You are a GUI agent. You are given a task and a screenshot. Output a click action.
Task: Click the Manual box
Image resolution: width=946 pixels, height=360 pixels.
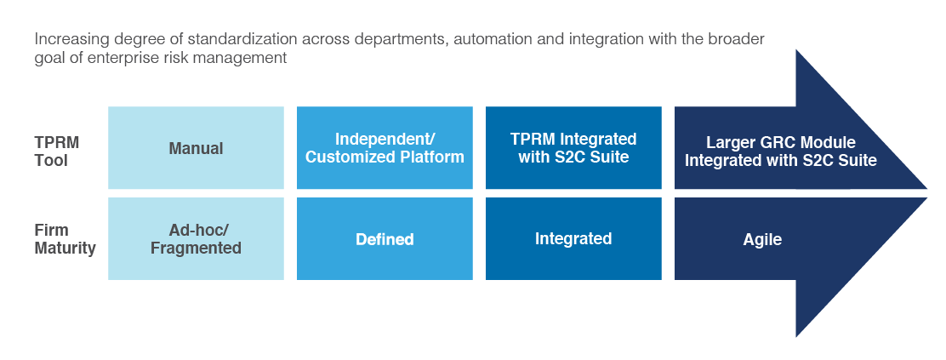(196, 148)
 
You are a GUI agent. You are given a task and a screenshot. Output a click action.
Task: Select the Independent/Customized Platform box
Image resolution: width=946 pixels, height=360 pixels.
(385, 148)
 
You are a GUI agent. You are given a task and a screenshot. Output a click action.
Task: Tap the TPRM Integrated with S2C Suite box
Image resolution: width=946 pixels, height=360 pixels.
(573, 148)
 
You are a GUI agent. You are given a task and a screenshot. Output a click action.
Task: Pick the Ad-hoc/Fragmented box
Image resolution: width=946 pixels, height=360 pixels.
(196, 238)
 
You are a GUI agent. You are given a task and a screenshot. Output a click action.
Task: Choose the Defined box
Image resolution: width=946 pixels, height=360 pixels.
(385, 238)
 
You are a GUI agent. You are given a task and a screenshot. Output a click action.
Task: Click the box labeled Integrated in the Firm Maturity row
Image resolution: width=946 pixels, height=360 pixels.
(573, 238)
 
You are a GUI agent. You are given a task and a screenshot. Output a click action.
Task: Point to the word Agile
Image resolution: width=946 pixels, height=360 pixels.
(762, 239)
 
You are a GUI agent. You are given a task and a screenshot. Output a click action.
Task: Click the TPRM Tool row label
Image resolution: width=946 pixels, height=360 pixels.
(57, 151)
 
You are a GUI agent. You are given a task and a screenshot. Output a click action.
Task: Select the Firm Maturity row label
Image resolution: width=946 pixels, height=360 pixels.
(66, 239)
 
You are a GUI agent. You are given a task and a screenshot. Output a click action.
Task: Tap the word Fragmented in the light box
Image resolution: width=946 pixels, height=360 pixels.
(196, 249)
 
